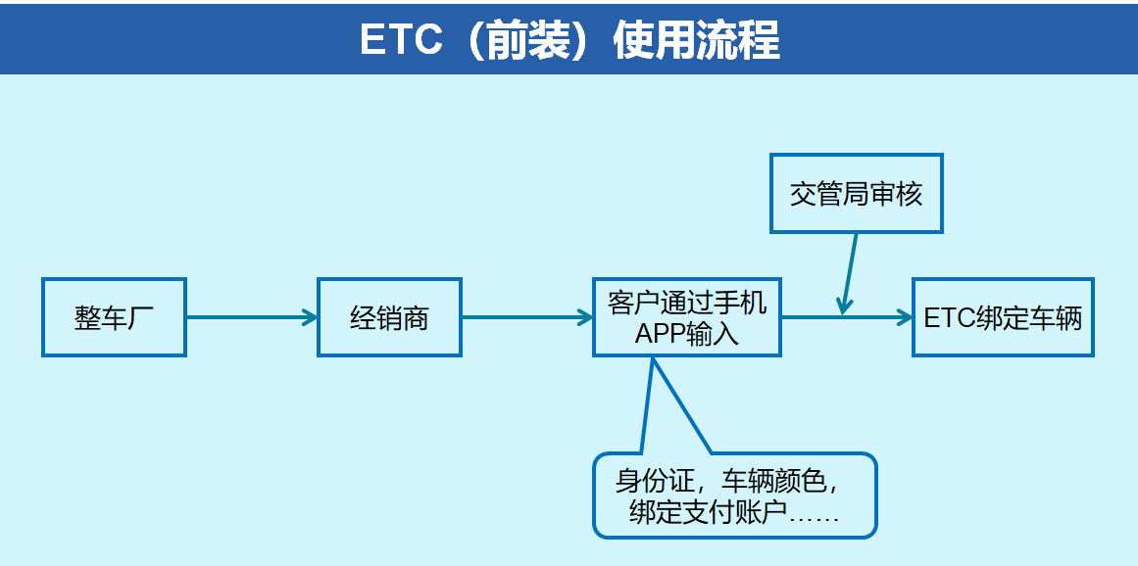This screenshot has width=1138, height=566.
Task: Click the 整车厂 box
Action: pos(114,317)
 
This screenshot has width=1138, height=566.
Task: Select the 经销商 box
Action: pos(390,317)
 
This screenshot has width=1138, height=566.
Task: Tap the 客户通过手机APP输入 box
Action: pos(686,317)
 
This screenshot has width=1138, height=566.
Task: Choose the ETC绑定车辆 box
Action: pos(1003,317)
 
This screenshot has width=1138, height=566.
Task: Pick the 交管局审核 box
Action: pos(857,194)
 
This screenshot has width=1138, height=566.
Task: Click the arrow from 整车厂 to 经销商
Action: pos(253,317)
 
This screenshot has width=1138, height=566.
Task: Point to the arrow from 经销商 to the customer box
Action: pos(527,317)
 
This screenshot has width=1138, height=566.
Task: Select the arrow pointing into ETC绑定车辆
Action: pos(847,317)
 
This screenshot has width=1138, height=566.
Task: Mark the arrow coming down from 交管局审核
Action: pos(849,273)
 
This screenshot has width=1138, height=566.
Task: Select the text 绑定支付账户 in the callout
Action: pos(708,514)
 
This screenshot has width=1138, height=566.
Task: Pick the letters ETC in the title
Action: pos(401,39)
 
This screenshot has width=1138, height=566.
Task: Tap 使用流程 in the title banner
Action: pos(697,39)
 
